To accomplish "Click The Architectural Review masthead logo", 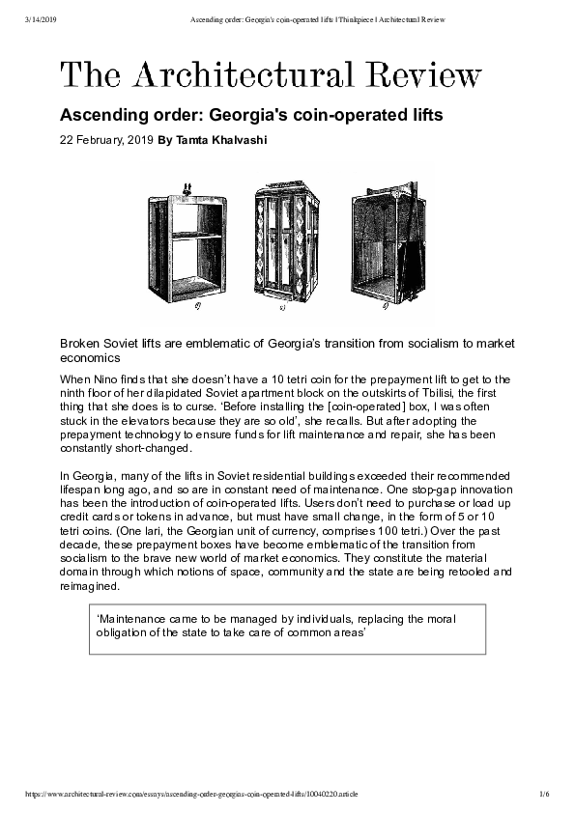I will tap(271, 76).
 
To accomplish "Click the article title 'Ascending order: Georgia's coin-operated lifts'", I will tap(251, 116).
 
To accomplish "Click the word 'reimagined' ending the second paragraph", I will tap(92, 585).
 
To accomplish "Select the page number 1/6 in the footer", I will tap(544, 793).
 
